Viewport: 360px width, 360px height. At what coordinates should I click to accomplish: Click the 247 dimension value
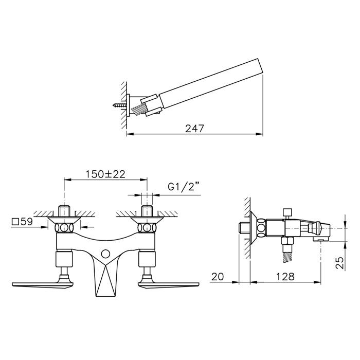[194, 129]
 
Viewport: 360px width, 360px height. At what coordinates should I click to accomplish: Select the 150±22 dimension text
[105, 174]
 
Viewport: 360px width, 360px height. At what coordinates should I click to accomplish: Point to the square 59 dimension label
[22, 222]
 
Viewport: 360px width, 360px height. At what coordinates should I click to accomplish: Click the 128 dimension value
[285, 277]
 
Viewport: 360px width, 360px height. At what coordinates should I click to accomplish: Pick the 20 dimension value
[217, 277]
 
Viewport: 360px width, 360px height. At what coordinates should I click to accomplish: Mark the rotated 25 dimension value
[340, 263]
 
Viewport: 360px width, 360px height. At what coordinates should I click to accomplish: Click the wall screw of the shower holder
[120, 106]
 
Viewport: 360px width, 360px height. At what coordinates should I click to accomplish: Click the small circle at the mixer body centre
[105, 253]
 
